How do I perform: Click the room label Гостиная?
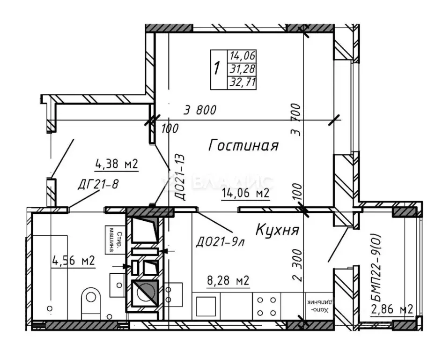[x=243, y=145]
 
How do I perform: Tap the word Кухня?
[x=278, y=230]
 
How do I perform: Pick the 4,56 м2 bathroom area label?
[x=74, y=261]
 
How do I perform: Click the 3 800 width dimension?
[x=200, y=111]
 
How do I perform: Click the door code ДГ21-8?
[x=98, y=184]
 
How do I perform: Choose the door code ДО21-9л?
[x=220, y=243]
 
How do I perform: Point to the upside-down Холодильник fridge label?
[x=317, y=306]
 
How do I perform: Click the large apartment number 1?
[x=216, y=68]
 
